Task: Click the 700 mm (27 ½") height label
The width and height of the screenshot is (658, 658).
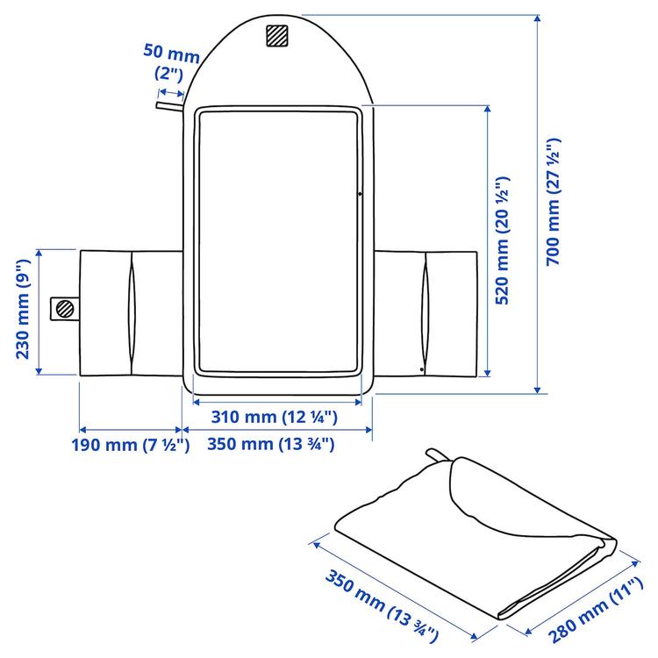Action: pos(553,204)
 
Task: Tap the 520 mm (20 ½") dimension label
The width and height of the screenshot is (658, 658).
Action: pos(503,240)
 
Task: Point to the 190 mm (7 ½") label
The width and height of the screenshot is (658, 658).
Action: pos(130,444)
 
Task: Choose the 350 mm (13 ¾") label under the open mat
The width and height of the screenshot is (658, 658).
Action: pos(272,444)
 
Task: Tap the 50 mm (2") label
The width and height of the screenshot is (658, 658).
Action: pos(165,61)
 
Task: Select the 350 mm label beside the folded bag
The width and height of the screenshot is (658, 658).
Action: pos(383,604)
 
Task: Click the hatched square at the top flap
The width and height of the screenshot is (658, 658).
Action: pos(277,36)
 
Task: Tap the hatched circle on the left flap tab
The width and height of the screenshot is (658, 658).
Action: pos(63,308)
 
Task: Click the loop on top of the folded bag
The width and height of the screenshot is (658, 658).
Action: pos(436,456)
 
